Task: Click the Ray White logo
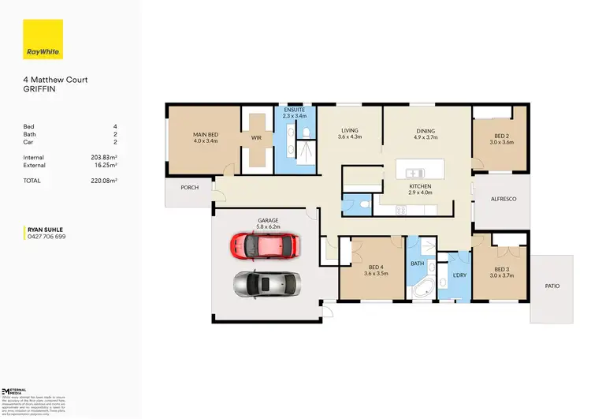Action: click(x=43, y=39)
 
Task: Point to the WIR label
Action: click(x=255, y=138)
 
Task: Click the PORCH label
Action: click(x=189, y=188)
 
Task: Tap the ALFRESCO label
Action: click(x=503, y=199)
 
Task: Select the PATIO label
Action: click(x=552, y=286)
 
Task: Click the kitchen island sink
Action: click(x=411, y=173)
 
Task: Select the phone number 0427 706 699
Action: click(x=46, y=237)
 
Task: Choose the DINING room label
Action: click(x=426, y=133)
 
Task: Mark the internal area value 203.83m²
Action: click(x=104, y=158)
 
